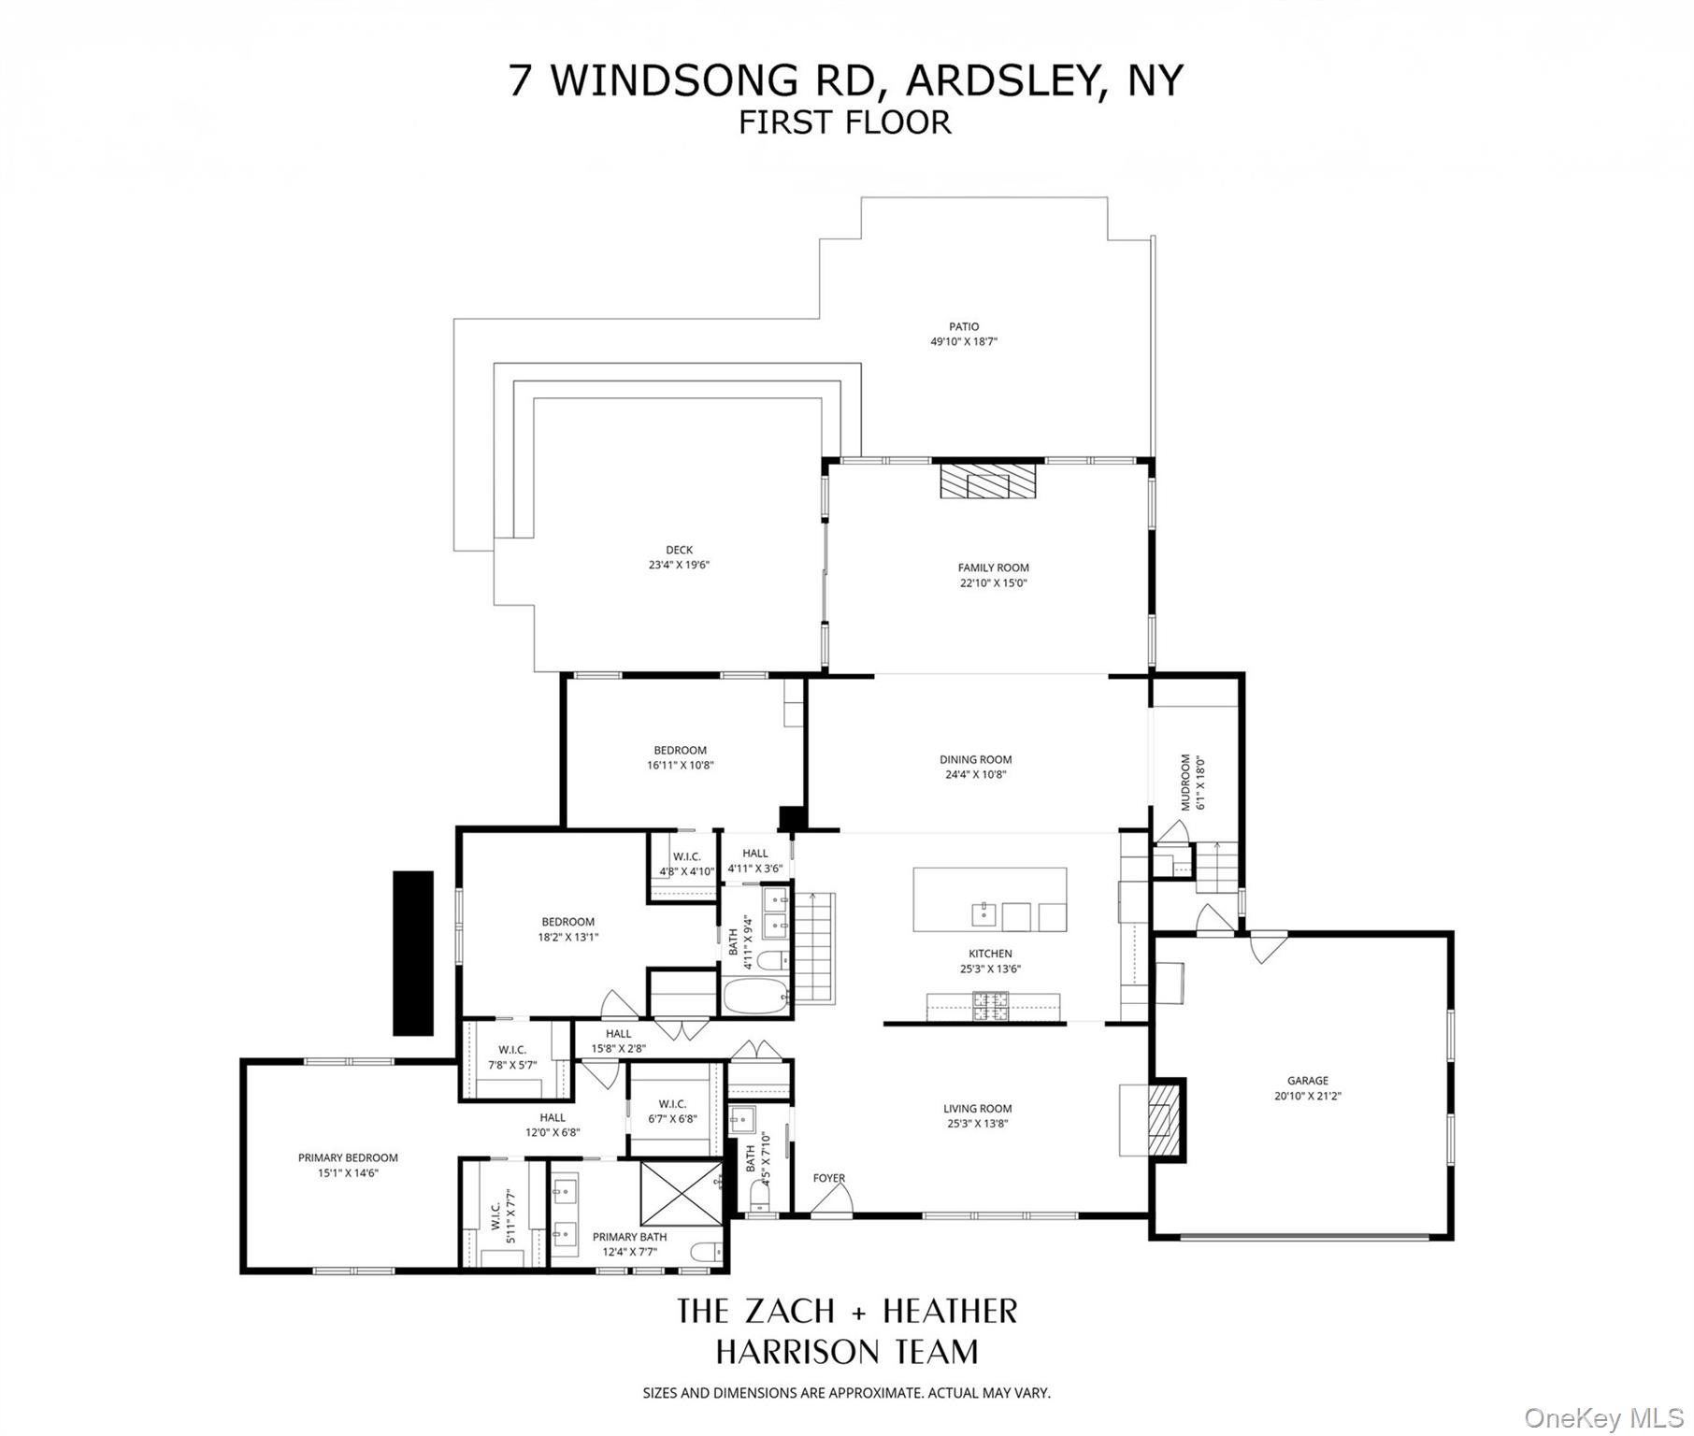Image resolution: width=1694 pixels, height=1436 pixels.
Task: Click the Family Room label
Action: point(993,567)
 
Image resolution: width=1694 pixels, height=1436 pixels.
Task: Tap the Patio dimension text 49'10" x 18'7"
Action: point(964,342)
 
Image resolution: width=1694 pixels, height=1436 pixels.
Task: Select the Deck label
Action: point(679,550)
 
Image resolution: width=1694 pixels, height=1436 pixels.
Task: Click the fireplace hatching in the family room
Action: point(988,483)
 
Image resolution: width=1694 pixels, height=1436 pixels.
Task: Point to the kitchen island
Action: point(989,899)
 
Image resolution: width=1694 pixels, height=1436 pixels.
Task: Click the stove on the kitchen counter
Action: point(991,1006)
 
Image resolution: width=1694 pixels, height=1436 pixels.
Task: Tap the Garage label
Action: point(1307,1081)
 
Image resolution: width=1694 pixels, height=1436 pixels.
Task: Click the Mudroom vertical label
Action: point(1185,782)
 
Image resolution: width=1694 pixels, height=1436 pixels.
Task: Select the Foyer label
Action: point(828,1178)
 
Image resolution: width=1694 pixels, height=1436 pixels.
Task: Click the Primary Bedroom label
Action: point(348,1157)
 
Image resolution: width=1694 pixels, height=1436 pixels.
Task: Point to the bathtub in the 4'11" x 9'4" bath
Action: point(755,995)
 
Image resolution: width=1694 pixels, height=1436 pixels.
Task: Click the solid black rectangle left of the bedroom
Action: point(412,953)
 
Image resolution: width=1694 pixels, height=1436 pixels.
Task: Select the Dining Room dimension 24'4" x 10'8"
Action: point(975,774)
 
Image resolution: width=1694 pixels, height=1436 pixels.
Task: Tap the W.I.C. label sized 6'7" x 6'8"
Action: point(672,1104)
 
